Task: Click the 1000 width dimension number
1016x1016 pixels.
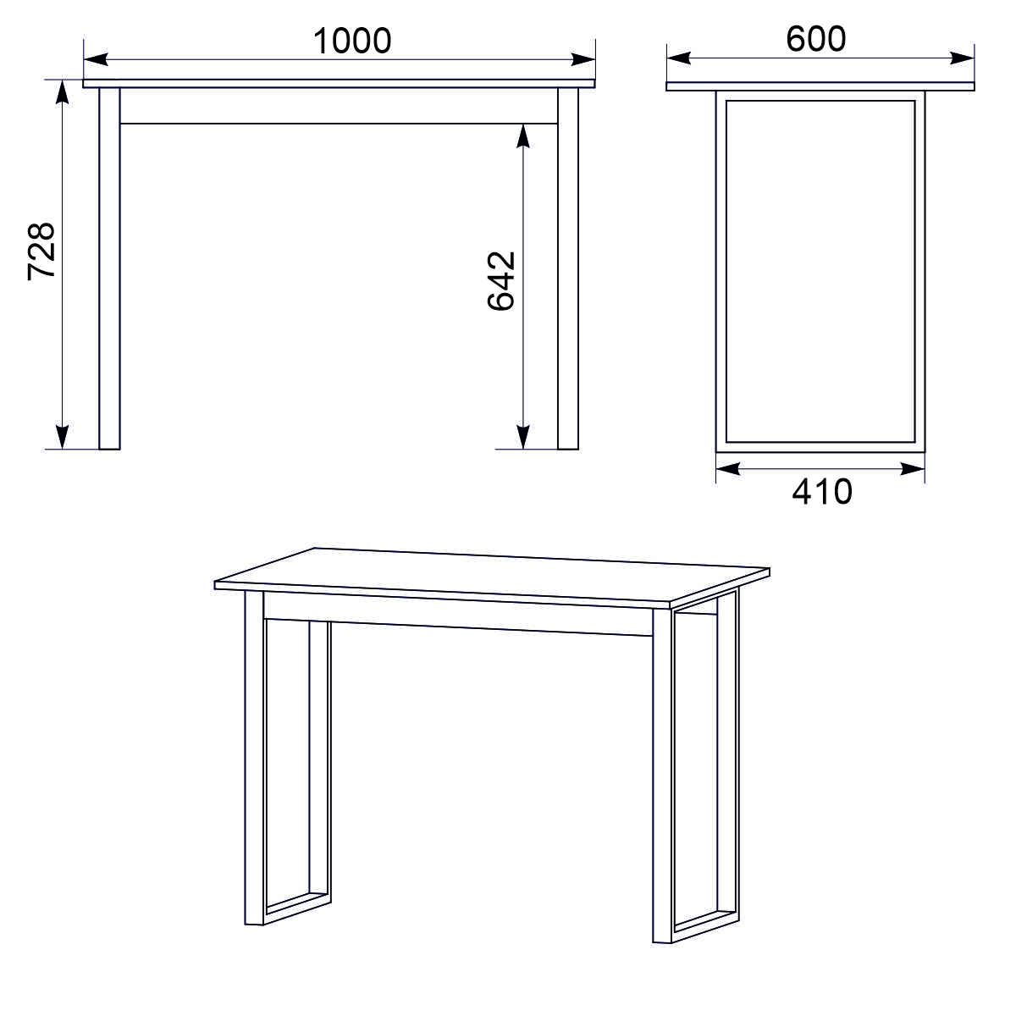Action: (x=352, y=41)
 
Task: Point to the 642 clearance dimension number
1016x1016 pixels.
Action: (x=501, y=281)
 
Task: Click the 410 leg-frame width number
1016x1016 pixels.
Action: (x=822, y=492)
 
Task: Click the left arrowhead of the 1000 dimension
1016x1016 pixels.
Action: (x=96, y=59)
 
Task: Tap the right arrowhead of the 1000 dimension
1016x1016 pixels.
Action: (x=583, y=59)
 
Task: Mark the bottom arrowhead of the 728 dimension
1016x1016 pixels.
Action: (x=62, y=437)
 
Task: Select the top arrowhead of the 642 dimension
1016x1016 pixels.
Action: (x=522, y=136)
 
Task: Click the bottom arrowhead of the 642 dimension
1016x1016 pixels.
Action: (x=522, y=437)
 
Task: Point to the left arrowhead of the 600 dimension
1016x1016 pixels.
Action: (x=678, y=58)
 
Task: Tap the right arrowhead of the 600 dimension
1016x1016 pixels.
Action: (x=962, y=58)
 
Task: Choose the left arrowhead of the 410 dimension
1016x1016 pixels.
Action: (x=728, y=469)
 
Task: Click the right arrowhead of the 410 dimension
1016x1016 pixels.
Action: (x=912, y=469)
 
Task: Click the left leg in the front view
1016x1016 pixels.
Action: (x=110, y=268)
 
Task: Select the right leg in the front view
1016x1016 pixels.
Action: (x=568, y=268)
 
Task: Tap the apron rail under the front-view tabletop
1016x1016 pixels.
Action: (x=339, y=106)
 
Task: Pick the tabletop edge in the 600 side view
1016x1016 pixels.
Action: (x=820, y=86)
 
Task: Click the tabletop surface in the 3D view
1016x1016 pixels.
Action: (x=492, y=577)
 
